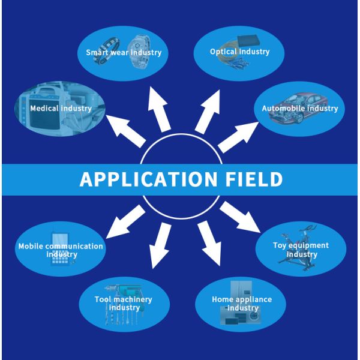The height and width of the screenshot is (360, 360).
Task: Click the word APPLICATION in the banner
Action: tap(147, 179)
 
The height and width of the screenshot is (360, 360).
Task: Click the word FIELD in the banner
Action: tap(251, 179)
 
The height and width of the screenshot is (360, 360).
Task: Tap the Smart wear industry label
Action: tap(124, 52)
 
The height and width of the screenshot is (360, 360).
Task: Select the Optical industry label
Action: tap(239, 52)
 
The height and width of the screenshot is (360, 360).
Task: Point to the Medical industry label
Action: tap(61, 109)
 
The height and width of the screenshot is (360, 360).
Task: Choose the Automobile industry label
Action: tap(299, 109)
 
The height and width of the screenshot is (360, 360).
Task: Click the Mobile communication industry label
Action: tap(61, 250)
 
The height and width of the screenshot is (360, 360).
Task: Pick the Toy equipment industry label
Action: tap(301, 250)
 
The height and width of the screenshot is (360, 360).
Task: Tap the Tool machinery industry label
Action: tap(123, 304)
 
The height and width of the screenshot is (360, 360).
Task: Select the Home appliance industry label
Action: tap(242, 304)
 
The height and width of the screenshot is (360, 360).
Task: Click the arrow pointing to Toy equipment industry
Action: tap(239, 218)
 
